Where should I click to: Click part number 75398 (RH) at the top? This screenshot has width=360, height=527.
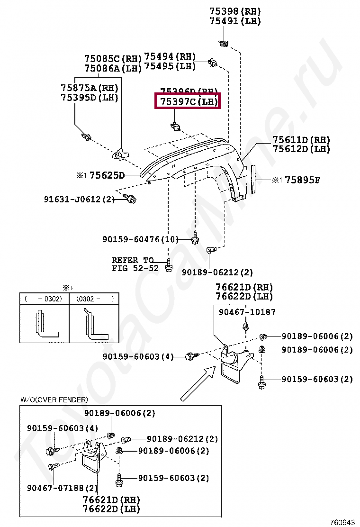235,11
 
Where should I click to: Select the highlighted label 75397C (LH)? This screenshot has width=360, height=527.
188,102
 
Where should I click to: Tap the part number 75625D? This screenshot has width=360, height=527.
107,176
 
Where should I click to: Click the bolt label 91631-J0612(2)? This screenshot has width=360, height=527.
80,200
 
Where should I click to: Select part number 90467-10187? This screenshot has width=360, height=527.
247,312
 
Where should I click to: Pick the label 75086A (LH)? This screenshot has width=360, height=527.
113,68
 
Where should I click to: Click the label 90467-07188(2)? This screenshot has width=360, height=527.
62,488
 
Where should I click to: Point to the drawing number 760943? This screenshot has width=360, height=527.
342,522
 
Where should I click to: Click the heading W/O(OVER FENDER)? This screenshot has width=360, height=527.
54,400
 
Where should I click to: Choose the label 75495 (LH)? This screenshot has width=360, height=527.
170,66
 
